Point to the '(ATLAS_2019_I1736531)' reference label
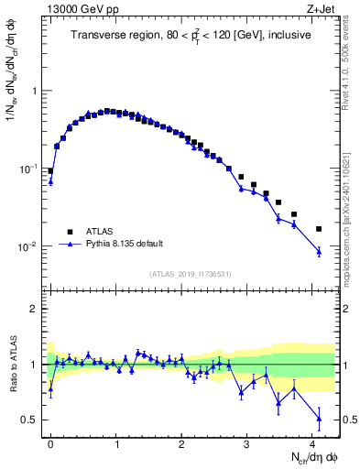190,273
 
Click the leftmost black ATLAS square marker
50,170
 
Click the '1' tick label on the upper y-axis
35,91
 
